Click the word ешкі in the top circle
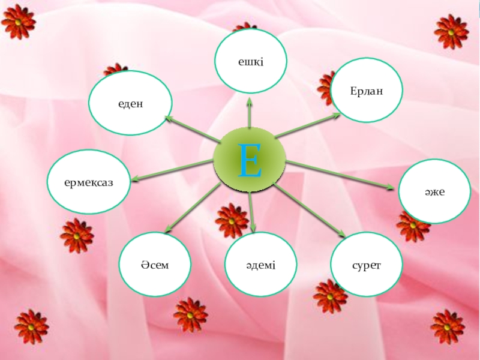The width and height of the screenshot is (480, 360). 251,59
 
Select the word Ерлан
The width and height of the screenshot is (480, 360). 367,89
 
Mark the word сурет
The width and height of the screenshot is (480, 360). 366,264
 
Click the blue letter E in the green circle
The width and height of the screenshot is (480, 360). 250,161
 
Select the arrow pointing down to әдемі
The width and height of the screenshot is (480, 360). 253,212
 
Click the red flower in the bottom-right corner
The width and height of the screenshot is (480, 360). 448,326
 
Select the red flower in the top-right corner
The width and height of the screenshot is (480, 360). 451,31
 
